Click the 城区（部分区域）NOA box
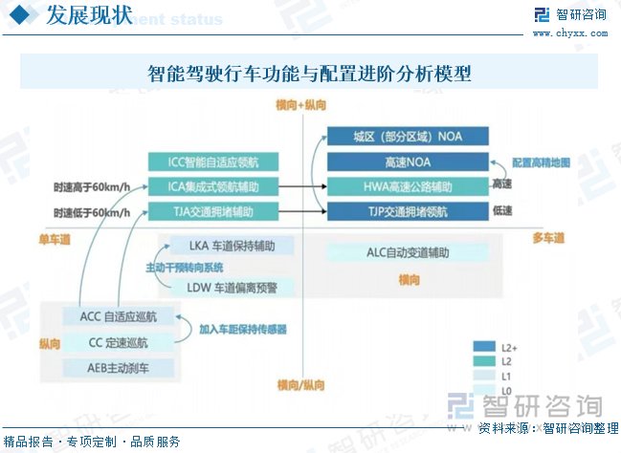point(408,137)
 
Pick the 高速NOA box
point(408,162)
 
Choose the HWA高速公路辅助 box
point(408,185)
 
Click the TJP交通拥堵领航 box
point(408,210)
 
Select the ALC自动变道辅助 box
point(408,252)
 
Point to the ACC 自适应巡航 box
point(119,315)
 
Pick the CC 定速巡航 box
point(119,342)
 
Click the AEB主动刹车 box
point(119,368)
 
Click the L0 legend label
point(508,391)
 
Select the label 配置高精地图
point(541,162)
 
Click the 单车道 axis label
point(55,238)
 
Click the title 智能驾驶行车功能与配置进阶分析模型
point(309,74)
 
